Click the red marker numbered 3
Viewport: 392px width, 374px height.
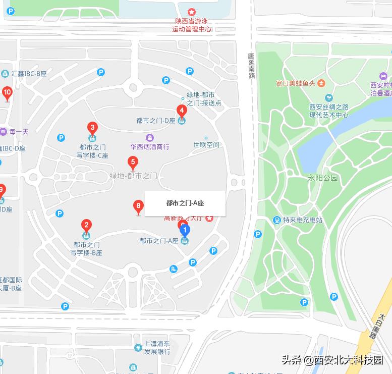tap(92, 128)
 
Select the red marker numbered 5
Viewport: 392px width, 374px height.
tap(133, 163)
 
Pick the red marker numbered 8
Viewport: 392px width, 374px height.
tap(138, 206)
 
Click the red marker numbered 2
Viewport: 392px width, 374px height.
tap(87, 226)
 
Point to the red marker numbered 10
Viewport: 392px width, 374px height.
tap(7, 92)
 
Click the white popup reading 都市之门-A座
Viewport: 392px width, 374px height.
tap(185, 203)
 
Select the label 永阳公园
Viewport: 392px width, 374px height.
tap(323, 178)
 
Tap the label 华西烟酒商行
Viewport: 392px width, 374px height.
tap(150, 147)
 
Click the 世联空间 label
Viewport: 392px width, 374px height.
tap(206, 145)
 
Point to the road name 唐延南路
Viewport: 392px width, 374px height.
tap(251, 66)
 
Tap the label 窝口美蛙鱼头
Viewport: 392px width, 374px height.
tap(296, 83)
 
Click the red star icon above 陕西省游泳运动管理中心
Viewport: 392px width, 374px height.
tap(192, 12)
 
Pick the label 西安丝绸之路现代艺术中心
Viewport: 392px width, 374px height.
tap(329, 111)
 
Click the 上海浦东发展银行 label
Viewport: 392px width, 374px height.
tap(156, 348)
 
